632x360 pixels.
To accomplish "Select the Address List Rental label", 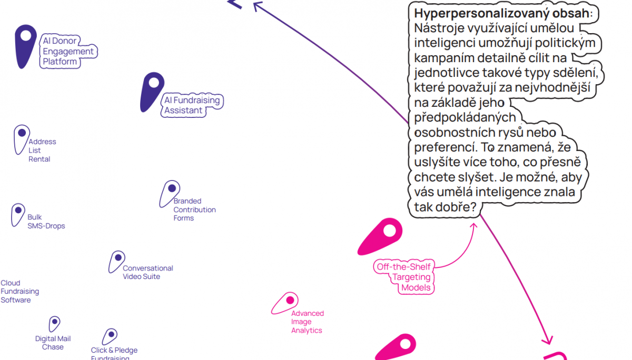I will click(42, 151).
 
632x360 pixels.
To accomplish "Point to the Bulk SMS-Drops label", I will click(46, 222).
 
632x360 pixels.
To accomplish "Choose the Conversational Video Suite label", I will click(147, 272).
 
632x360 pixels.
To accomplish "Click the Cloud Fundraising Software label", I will click(19, 292).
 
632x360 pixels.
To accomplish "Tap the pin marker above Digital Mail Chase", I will click(54, 323).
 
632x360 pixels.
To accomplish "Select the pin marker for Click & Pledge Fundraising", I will click(110, 335).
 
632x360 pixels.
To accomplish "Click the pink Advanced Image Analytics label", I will click(307, 322).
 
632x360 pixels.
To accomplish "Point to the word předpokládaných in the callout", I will click(465, 117).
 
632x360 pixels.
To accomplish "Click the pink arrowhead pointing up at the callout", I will click(473, 226).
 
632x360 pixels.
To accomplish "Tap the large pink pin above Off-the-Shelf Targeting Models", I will click(382, 235).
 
